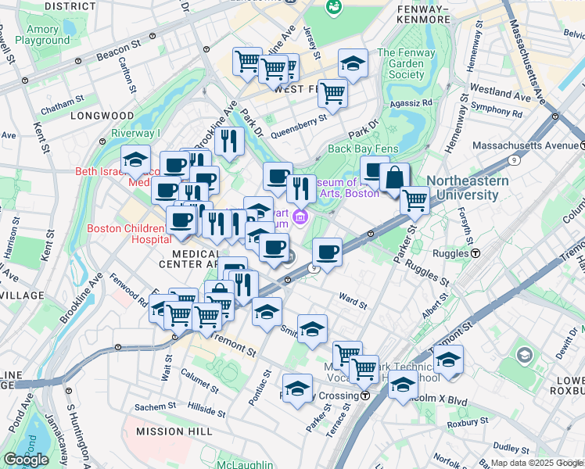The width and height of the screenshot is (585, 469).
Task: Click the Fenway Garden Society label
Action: pos(401,64)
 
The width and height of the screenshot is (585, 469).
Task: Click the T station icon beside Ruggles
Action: pos(475,253)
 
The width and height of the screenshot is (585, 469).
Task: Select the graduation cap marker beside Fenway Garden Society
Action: pos(353,63)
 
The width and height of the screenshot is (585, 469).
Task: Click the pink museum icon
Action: pos(301,216)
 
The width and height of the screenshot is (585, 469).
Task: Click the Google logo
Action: pos(26,460)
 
